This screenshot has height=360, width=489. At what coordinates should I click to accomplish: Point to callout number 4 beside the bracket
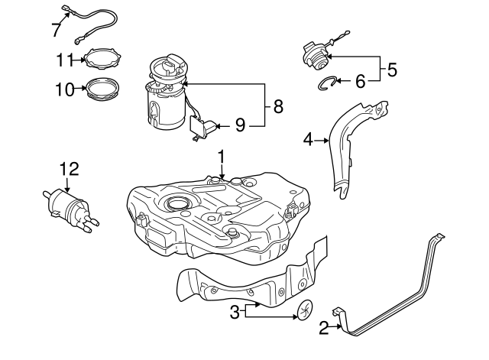[308, 139]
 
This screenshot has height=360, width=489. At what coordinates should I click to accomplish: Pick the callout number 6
[360, 80]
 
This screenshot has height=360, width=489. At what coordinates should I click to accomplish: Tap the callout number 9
[240, 125]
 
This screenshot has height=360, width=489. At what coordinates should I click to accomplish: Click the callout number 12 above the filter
[70, 168]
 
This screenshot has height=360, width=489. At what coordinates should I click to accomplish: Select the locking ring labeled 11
[104, 59]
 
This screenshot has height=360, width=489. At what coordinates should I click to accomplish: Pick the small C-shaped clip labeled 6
[327, 82]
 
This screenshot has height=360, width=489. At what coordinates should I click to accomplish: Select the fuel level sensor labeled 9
[201, 128]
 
